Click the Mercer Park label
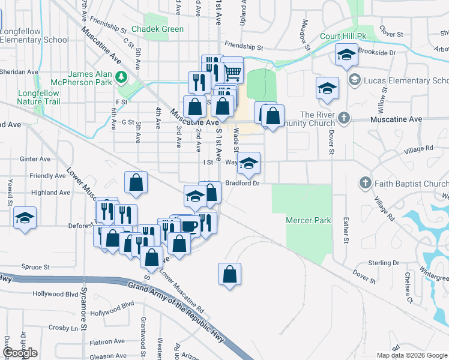coord(309,220)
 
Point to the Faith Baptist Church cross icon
coord(364,182)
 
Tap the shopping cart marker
coord(232,73)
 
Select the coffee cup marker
coord(189,225)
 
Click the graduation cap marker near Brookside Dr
coord(345,55)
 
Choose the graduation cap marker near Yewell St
coord(25,217)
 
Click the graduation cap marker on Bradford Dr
coord(249,163)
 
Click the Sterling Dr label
coord(384,263)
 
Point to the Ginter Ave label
coord(35,159)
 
